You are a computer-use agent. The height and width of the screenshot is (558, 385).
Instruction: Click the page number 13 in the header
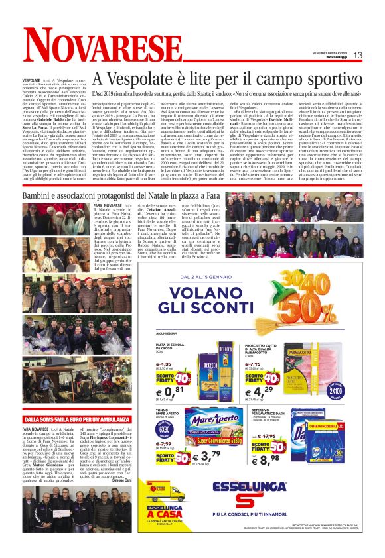pos(376,55)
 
